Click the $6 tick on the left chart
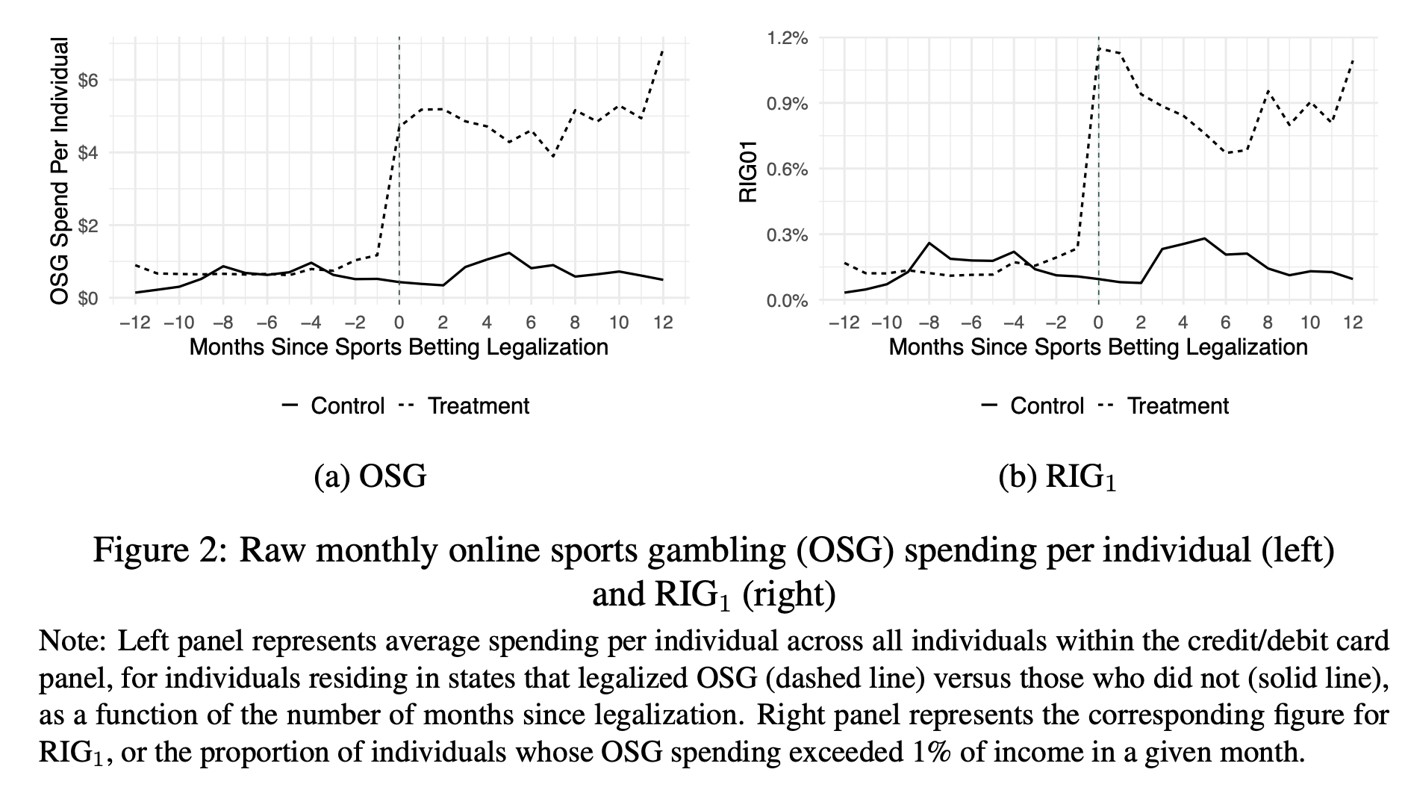[x=88, y=80]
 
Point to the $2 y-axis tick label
[x=88, y=225]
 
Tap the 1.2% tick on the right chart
[x=787, y=37]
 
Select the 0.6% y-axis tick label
[x=787, y=169]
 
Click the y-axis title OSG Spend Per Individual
[x=60, y=171]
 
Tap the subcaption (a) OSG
[x=370, y=476]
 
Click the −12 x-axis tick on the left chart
[x=135, y=323]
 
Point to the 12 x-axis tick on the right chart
[x=1353, y=323]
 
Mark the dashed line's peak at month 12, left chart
[x=663, y=50]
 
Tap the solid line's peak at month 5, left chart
[x=508, y=253]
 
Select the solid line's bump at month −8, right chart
[x=929, y=243]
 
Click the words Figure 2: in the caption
[x=158, y=552]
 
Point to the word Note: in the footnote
[x=73, y=641]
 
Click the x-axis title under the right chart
[x=1098, y=347]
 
